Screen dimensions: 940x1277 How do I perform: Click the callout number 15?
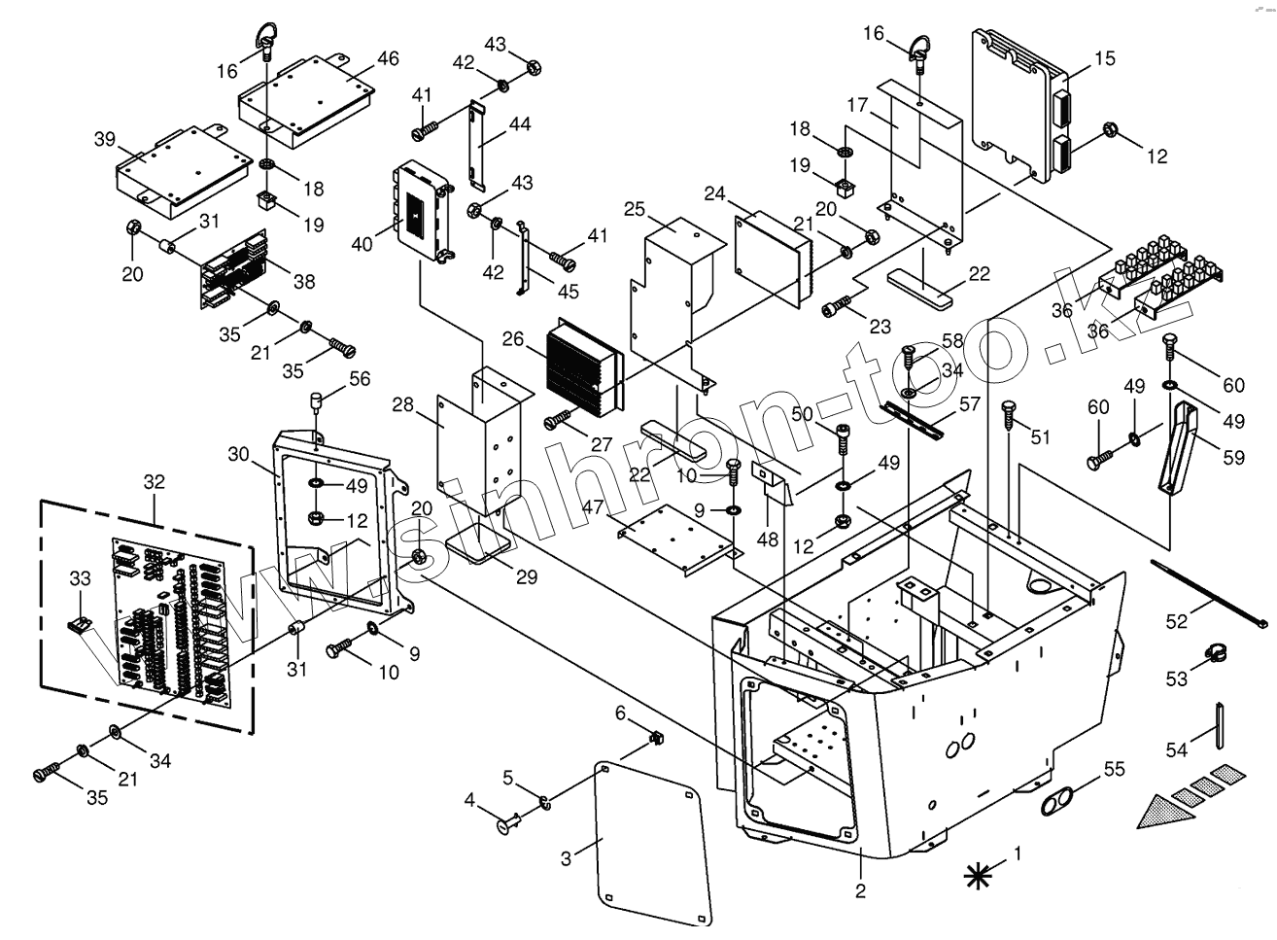(1105, 58)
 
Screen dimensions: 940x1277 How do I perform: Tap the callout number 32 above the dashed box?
(155, 482)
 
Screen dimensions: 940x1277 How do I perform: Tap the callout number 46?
(388, 58)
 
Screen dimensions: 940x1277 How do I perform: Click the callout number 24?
(715, 193)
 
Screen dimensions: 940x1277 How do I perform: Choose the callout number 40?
(362, 245)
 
